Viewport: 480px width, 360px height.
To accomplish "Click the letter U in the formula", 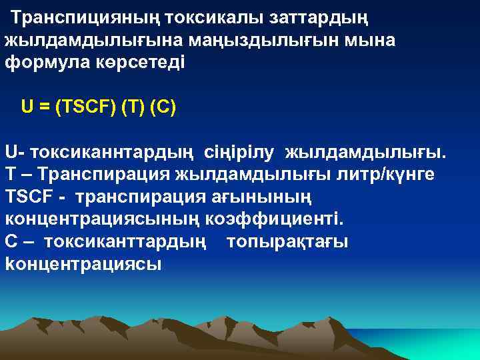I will pos(27,107).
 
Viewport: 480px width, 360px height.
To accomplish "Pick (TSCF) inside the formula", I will pos(85,107).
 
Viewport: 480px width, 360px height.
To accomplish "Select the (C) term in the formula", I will pos(164,107).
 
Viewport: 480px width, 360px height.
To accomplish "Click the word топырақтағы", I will pos(287,241).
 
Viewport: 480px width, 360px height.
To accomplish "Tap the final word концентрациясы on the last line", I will pos(83,264).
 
